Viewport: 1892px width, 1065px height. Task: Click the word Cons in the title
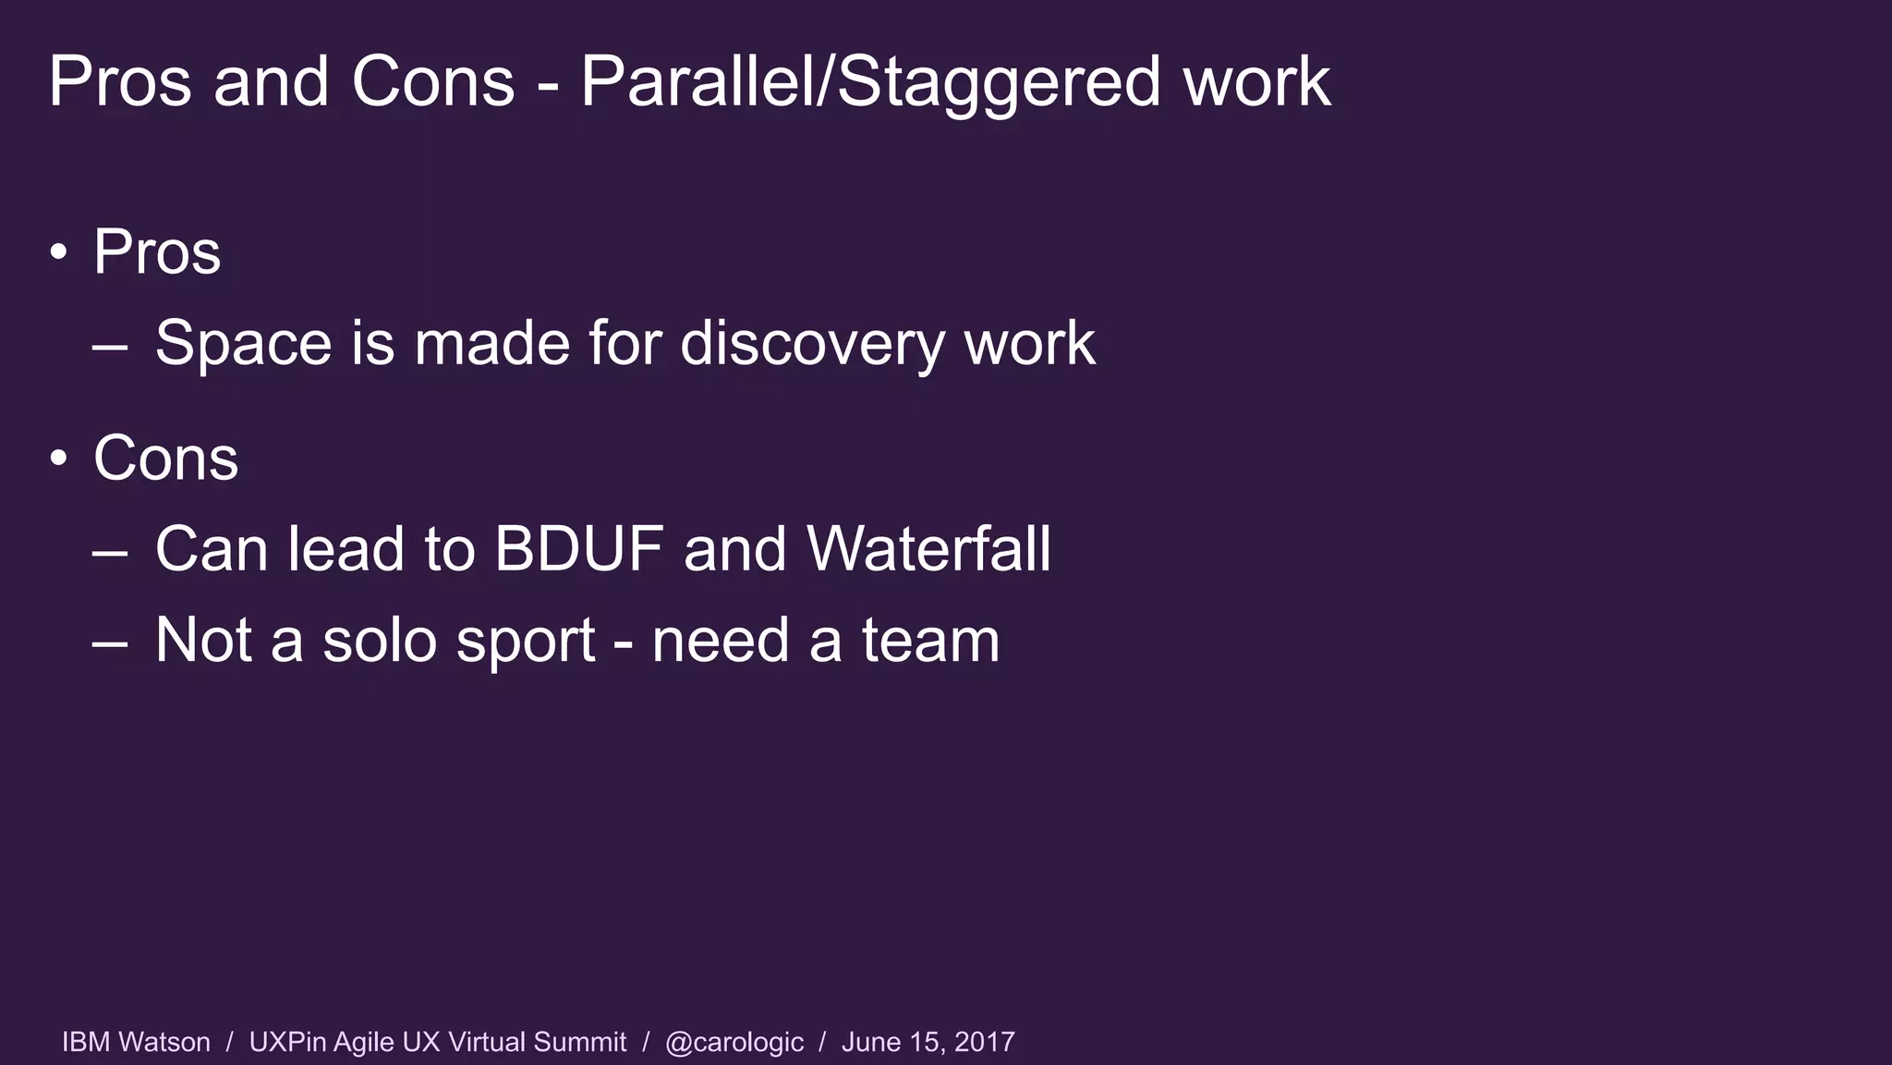[432, 81]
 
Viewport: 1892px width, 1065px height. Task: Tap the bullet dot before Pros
[59, 252]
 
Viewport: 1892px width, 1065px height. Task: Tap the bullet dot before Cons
[59, 459]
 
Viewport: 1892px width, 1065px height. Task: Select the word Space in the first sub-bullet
[243, 344]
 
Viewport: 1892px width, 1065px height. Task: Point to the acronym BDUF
[578, 549]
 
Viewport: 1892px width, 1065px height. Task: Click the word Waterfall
[928, 549]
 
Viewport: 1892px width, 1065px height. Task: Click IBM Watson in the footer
[136, 1042]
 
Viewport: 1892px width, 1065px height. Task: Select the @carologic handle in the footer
[734, 1043]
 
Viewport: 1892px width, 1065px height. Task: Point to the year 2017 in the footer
[984, 1042]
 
